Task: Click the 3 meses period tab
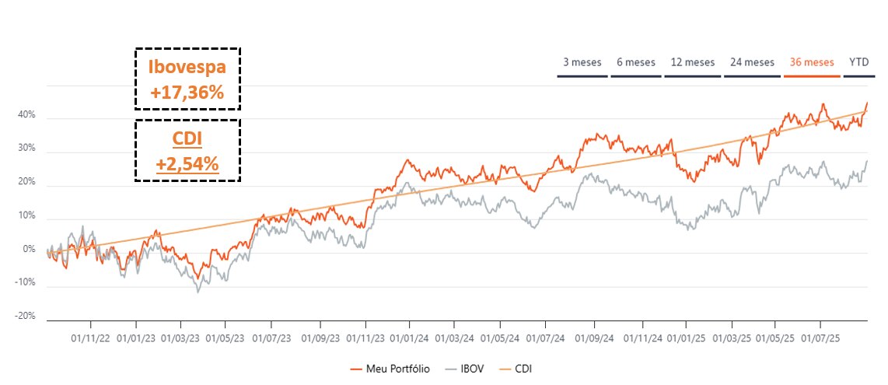[582, 62]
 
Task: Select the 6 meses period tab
[635, 62]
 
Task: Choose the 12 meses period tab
[692, 62]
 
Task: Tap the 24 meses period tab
[751, 62]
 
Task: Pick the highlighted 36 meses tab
[811, 62]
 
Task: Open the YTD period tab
[859, 62]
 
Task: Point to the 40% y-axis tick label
[26, 115]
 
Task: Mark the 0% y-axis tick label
[30, 249]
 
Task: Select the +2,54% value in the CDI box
[187, 164]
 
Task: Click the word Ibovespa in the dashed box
[187, 66]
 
